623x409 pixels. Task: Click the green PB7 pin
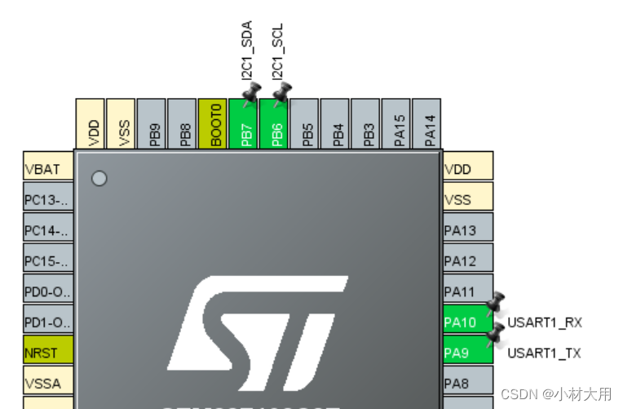coord(243,124)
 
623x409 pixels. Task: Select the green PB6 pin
coord(274,124)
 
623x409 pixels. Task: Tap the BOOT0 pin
coord(213,124)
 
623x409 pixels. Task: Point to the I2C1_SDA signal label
coord(245,51)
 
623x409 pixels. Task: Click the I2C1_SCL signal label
coord(277,51)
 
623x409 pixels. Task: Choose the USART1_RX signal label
coord(545,322)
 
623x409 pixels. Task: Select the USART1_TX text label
coord(545,353)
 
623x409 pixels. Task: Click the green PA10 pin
coord(467,322)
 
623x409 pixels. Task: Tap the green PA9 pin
coord(467,353)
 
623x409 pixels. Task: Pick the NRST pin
coord(47,353)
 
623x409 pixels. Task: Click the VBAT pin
coord(47,170)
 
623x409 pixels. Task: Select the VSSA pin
coord(47,383)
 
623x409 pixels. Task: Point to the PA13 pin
coord(467,231)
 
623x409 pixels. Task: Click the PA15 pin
coord(396,124)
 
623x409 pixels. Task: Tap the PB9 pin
coord(152,124)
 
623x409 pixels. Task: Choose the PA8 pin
coord(467,383)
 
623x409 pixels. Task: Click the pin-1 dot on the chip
coord(99,178)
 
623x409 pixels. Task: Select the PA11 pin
coord(467,291)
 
